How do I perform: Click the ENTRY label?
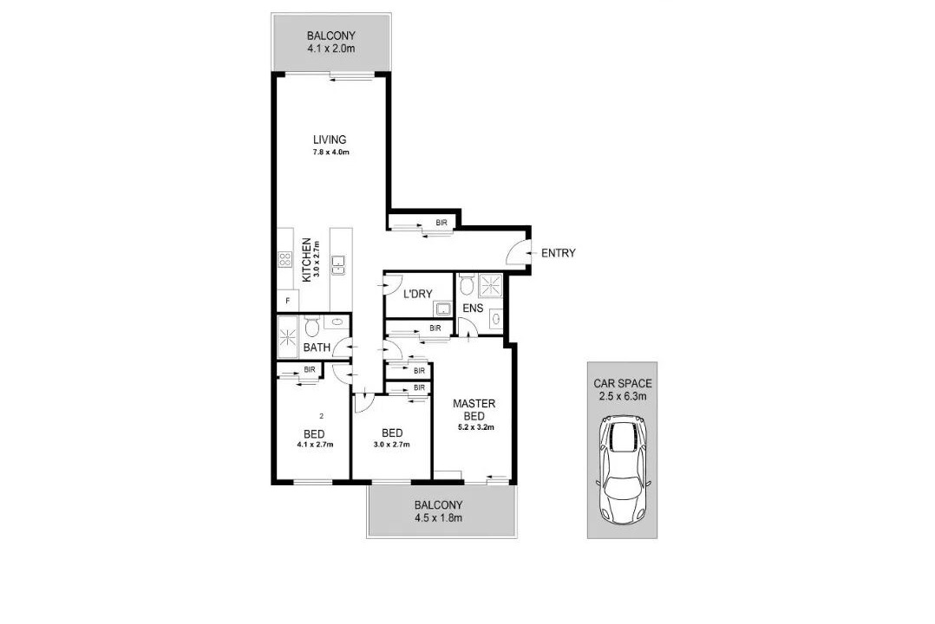pos(559,253)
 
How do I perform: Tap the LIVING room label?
pos(330,140)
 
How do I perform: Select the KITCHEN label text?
pos(306,261)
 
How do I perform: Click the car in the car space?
pos(623,470)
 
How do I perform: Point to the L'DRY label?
pos(417,294)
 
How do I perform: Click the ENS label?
pos(473,309)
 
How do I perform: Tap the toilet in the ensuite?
pos(467,285)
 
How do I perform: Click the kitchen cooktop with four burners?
pos(285,259)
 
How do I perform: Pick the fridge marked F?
pos(288,301)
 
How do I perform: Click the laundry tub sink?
pos(442,309)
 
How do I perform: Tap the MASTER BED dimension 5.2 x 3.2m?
pos(476,426)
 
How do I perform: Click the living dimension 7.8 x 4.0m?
pos(330,152)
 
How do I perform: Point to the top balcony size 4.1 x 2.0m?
pos(331,49)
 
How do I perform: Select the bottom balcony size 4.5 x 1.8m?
pos(438,517)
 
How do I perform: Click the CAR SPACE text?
pos(623,384)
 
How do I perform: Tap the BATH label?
pos(317,348)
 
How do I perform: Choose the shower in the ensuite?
pos(492,284)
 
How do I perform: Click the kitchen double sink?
pos(338,264)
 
